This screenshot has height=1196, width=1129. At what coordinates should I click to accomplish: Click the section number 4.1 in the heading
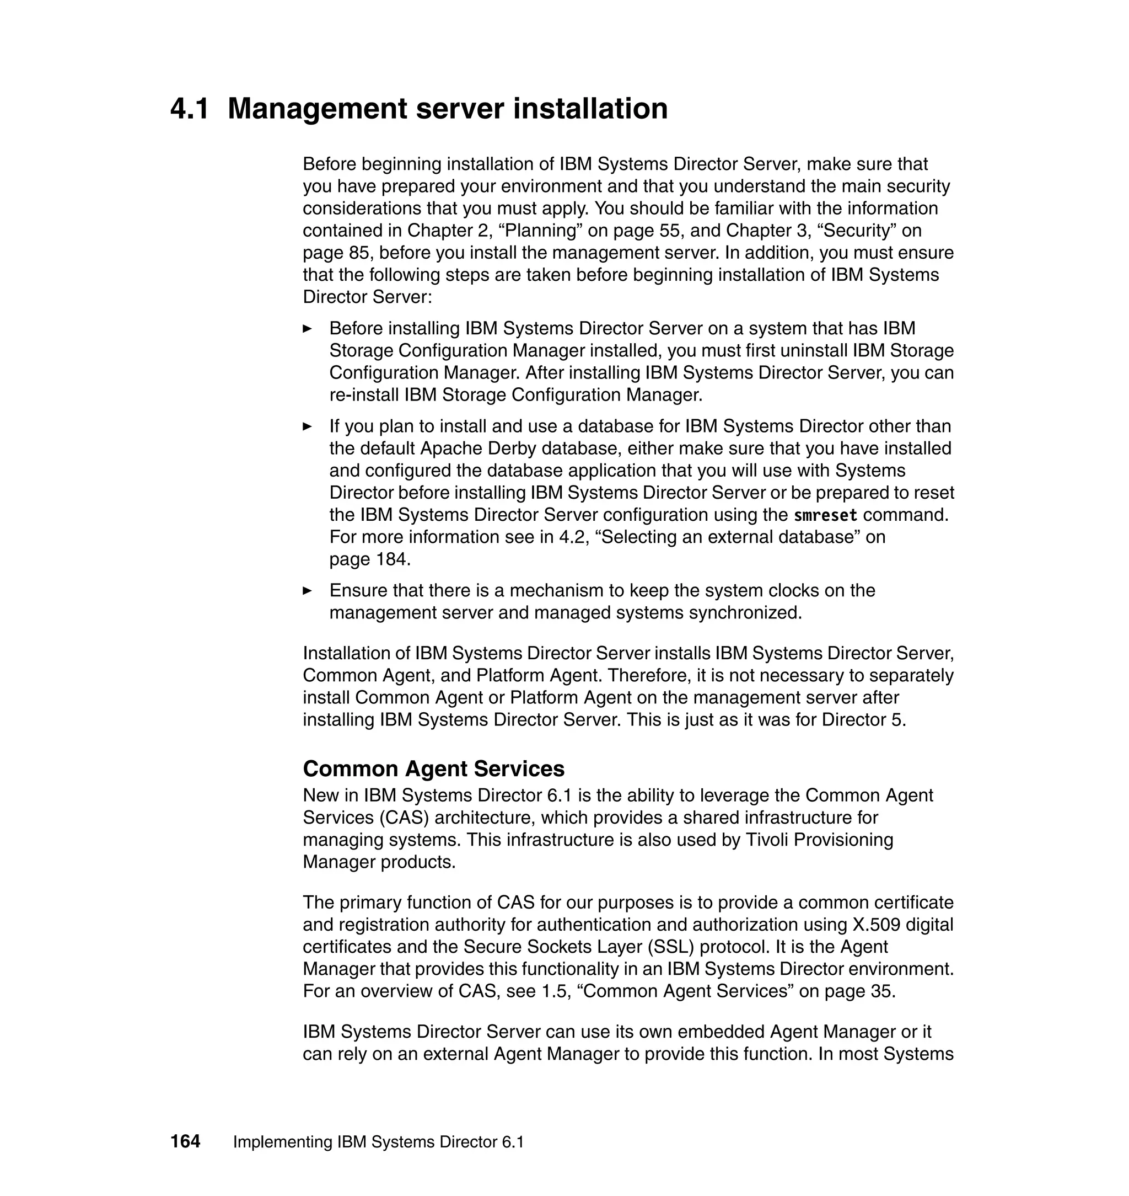point(190,109)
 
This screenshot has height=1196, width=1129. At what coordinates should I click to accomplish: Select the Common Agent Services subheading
point(433,769)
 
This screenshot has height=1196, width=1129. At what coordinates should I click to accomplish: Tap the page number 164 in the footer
point(185,1142)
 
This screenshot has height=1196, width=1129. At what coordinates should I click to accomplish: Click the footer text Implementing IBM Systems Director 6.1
point(379,1142)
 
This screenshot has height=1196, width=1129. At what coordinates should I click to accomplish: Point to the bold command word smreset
point(825,515)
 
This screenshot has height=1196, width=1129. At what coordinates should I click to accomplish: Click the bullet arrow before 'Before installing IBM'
point(308,329)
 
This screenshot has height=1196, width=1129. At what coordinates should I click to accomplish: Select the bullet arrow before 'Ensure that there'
point(308,591)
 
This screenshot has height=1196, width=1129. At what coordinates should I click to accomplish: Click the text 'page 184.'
point(369,559)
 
